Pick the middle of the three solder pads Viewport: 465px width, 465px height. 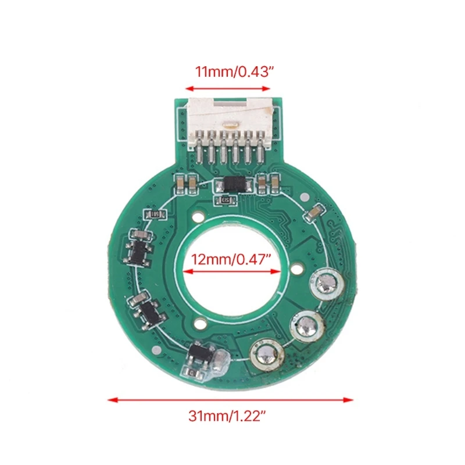pos(304,324)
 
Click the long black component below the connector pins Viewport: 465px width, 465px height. pos(234,185)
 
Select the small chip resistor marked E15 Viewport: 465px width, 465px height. pos(227,201)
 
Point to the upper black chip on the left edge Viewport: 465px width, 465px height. pos(140,246)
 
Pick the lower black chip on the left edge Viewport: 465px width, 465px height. pos(146,309)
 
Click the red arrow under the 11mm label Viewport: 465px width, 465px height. pos(228,88)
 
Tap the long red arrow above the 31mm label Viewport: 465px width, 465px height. pos(231,399)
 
